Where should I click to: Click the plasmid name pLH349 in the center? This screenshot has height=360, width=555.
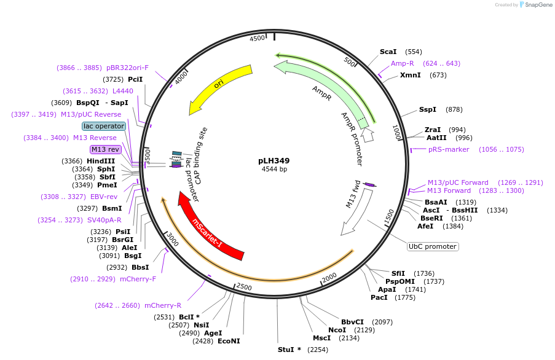pyautogui.click(x=274, y=160)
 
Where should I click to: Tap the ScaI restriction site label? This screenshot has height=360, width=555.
pyautogui.click(x=388, y=52)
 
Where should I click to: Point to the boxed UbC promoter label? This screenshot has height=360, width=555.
pyautogui.click(x=433, y=246)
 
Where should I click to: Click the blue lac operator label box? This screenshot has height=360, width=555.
pyautogui.click(x=104, y=127)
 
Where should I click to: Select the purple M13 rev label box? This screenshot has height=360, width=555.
pyautogui.click(x=106, y=149)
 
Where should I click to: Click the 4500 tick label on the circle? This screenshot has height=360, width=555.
pyautogui.click(x=258, y=38)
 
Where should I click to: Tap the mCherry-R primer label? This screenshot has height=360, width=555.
pyautogui.click(x=163, y=305)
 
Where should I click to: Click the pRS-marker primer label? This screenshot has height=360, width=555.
pyautogui.click(x=449, y=149)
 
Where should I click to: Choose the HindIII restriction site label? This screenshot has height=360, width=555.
pyautogui.click(x=101, y=161)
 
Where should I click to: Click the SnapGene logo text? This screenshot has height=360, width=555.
pyautogui.click(x=538, y=4)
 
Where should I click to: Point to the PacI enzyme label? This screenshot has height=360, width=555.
pyautogui.click(x=379, y=297)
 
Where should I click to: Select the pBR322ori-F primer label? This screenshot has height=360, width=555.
pyautogui.click(x=127, y=68)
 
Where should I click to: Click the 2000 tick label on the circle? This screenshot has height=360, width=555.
pyautogui.click(x=329, y=278)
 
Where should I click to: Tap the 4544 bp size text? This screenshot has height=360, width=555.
pyautogui.click(x=274, y=169)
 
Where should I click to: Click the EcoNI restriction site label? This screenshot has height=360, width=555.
pyautogui.click(x=229, y=341)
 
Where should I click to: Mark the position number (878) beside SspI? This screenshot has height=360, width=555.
pyautogui.click(x=454, y=109)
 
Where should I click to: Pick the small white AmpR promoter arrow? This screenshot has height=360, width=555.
pyautogui.click(x=368, y=135)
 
